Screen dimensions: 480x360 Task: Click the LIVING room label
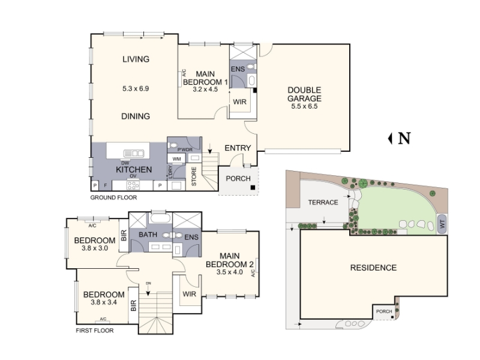(x=136, y=59)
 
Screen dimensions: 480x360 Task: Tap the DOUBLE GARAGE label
(x=304, y=94)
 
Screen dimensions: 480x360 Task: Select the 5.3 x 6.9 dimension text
(x=136, y=89)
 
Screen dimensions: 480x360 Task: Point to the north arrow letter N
(x=404, y=139)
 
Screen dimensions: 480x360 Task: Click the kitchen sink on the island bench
(x=133, y=154)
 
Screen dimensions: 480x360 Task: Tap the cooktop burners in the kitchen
(x=133, y=185)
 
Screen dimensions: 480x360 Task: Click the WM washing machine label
(x=176, y=159)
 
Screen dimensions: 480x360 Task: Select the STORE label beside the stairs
(x=194, y=176)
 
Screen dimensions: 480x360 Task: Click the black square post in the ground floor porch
(x=253, y=187)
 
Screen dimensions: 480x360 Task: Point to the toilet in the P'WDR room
(x=173, y=145)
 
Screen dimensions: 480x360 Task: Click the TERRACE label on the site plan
(x=323, y=202)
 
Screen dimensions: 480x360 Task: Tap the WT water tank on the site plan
(x=442, y=224)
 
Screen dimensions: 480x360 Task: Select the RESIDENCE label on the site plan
(x=373, y=268)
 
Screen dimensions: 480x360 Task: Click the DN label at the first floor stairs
(x=148, y=283)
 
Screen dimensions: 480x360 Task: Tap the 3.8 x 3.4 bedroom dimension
(x=104, y=303)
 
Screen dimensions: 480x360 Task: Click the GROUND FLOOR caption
(x=113, y=198)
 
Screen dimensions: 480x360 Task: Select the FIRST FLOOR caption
(x=95, y=331)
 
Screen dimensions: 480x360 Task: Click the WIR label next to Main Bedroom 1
(x=239, y=102)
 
